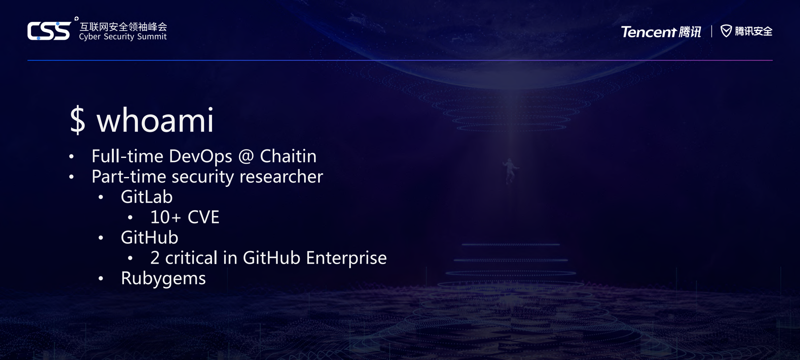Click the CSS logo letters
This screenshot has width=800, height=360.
pyautogui.click(x=49, y=31)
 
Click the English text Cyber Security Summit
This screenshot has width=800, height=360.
pyautogui.click(x=123, y=37)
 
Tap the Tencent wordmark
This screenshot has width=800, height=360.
pyautogui.click(x=648, y=32)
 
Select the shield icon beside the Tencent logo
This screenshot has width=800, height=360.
pyautogui.click(x=726, y=31)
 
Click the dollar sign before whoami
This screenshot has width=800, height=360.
pyautogui.click(x=78, y=120)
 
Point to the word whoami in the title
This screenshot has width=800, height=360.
pyautogui.click(x=155, y=120)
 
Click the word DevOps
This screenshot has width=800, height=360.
pyautogui.click(x=201, y=156)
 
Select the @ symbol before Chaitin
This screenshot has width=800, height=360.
pyautogui.click(x=246, y=156)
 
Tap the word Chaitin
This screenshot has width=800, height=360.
pyautogui.click(x=288, y=156)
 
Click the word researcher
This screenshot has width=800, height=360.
pyautogui.click(x=281, y=177)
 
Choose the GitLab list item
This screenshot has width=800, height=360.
pyautogui.click(x=147, y=197)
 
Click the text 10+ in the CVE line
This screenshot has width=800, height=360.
pyautogui.click(x=165, y=217)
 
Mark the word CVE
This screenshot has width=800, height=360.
pyautogui.click(x=203, y=217)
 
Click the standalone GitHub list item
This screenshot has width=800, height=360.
pyautogui.click(x=149, y=238)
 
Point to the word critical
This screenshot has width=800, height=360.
pyautogui.click(x=191, y=258)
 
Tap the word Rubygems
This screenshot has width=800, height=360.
pyautogui.click(x=163, y=278)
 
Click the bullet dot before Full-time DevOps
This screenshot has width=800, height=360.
pyautogui.click(x=72, y=156)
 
